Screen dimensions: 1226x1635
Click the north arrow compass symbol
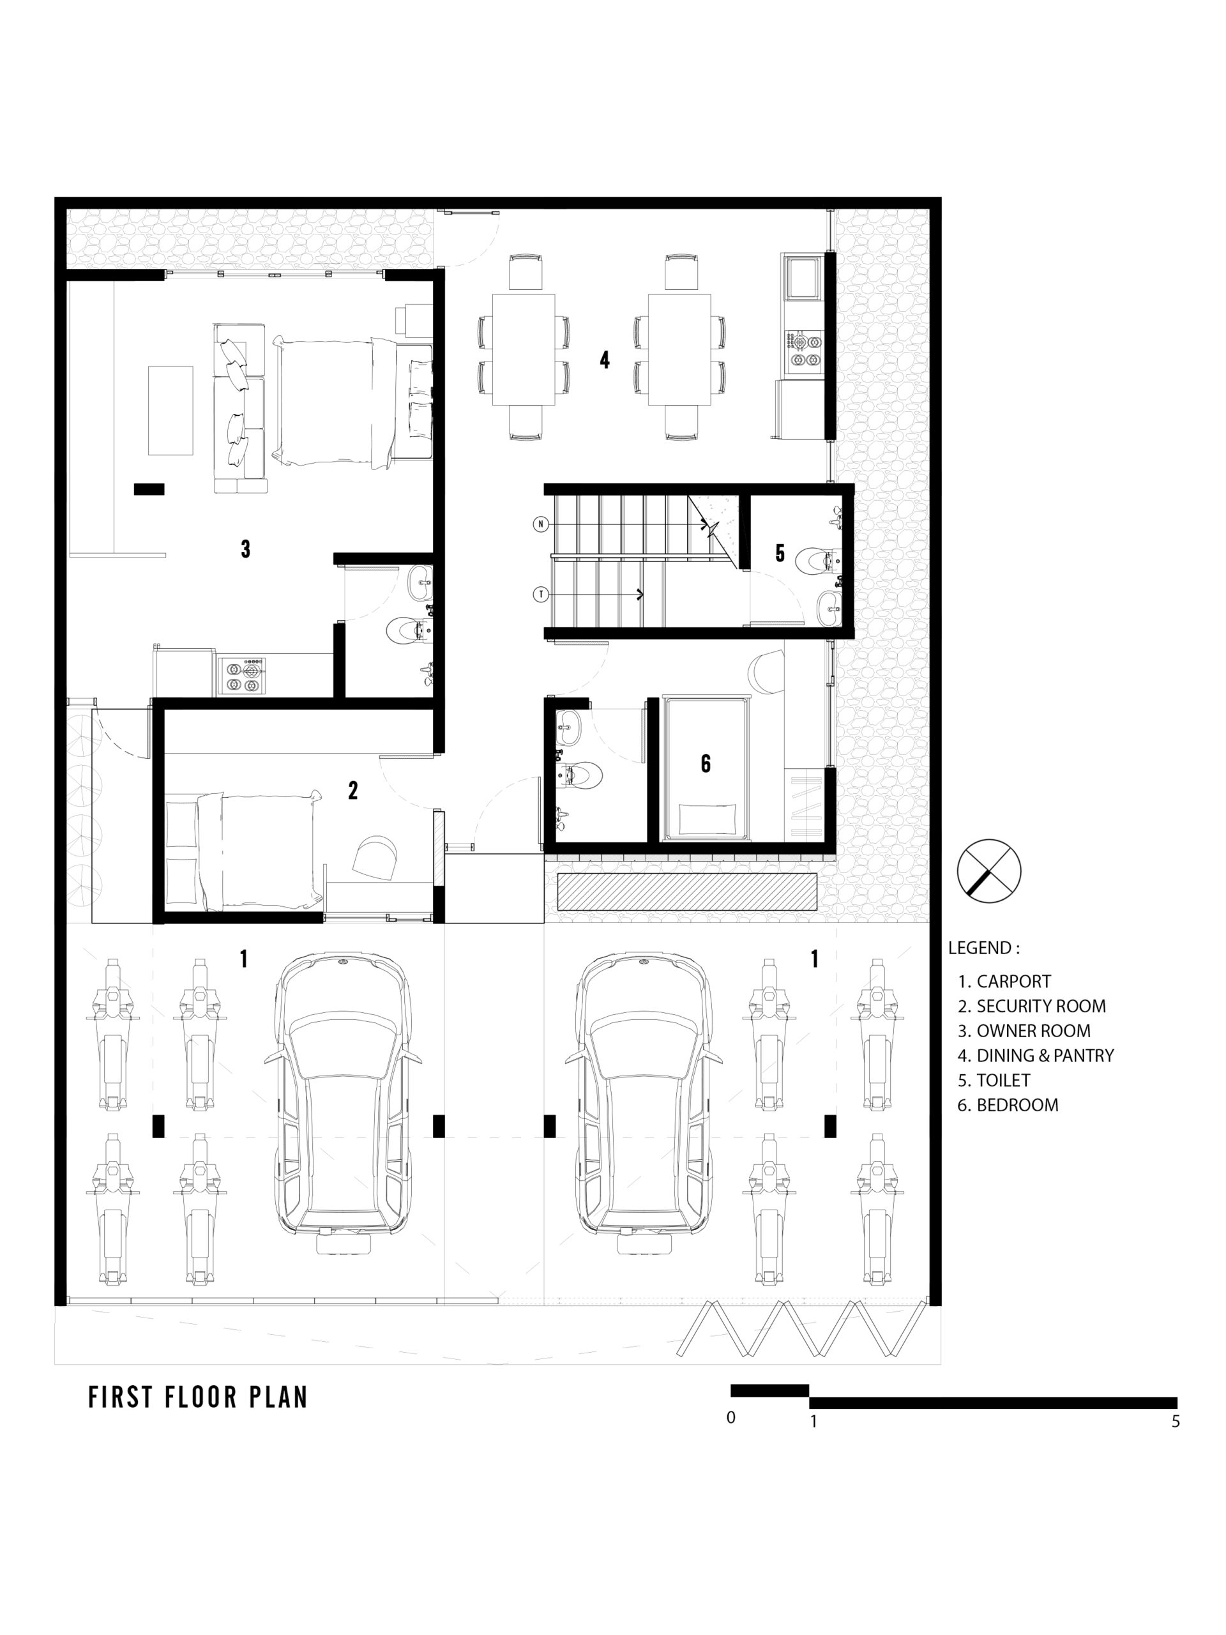[x=988, y=871]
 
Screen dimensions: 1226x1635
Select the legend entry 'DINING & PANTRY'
[x=1045, y=1056]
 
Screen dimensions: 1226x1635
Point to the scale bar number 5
[x=1175, y=1420]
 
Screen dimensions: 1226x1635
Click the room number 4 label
[x=605, y=360]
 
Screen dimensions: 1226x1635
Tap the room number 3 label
[x=245, y=549]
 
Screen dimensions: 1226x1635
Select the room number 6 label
[x=706, y=764]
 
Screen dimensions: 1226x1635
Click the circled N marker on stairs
[x=541, y=524]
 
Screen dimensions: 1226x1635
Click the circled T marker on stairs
[x=541, y=594]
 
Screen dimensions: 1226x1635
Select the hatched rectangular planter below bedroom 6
[x=687, y=892]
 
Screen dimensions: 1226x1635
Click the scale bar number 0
[x=731, y=1418]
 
